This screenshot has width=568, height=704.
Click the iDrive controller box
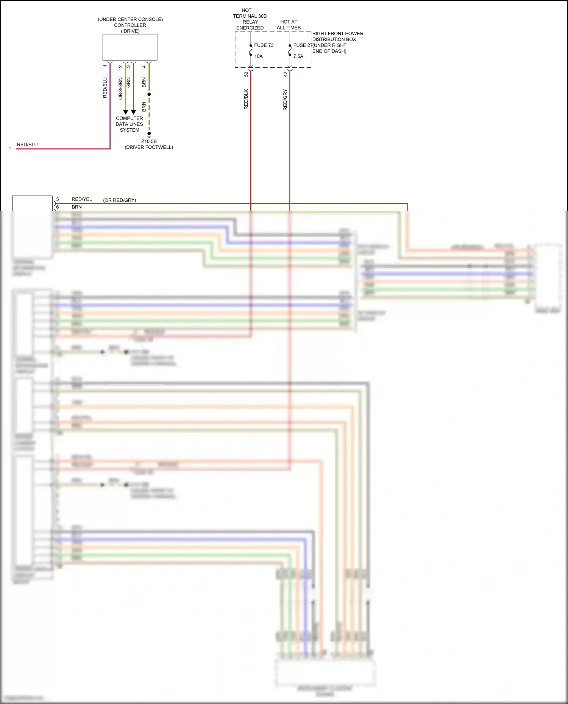pyautogui.click(x=130, y=47)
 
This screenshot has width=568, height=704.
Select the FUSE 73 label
pyautogui.click(x=264, y=45)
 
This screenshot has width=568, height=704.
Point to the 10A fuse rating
pyautogui.click(x=259, y=56)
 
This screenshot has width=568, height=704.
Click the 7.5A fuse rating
pyautogui.click(x=298, y=56)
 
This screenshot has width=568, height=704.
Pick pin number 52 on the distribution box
pyautogui.click(x=246, y=75)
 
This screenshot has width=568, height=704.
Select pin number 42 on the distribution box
pyautogui.click(x=286, y=75)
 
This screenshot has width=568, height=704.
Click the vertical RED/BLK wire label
pyautogui.click(x=246, y=99)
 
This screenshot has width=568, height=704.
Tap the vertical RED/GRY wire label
pyautogui.click(x=286, y=100)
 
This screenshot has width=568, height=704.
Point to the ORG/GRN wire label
pyautogui.click(x=121, y=89)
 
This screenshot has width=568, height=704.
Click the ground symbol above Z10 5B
pyautogui.click(x=149, y=134)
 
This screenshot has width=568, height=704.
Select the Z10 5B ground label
pyautogui.click(x=149, y=141)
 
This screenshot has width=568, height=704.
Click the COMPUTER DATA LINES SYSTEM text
pyautogui.click(x=130, y=124)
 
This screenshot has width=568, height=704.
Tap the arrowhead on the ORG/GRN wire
pyautogui.click(x=126, y=112)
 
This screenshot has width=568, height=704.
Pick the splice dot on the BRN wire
pyautogui.click(x=149, y=94)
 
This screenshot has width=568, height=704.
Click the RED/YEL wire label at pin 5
pyautogui.click(x=82, y=199)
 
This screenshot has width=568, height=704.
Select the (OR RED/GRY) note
pyautogui.click(x=120, y=200)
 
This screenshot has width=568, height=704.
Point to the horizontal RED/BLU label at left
pyautogui.click(x=27, y=145)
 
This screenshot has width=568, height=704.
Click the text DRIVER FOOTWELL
pyautogui.click(x=149, y=147)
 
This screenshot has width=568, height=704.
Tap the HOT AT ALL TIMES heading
pyautogui.click(x=289, y=25)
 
